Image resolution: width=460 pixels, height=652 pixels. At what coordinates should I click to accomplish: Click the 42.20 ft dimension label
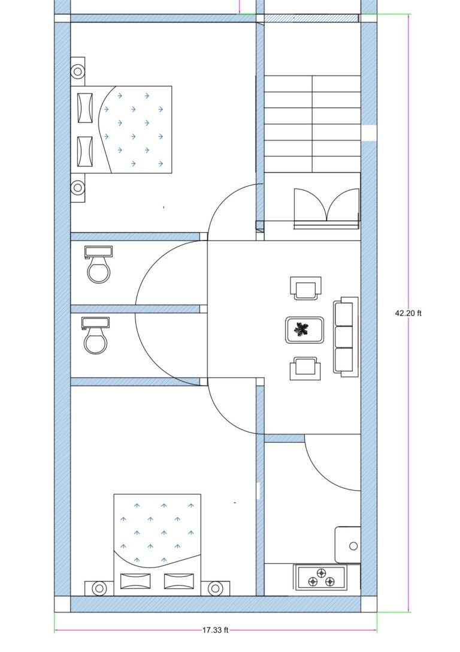pos(408,313)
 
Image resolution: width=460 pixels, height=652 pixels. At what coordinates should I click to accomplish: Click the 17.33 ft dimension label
pos(216,630)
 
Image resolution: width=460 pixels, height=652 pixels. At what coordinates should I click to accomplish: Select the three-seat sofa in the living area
pos(346,336)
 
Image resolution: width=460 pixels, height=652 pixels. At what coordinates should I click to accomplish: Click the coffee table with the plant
pos(305,329)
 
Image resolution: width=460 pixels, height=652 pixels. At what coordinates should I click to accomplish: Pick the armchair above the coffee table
pos(305,288)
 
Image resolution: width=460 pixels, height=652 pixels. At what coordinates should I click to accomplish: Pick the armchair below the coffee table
pos(304,368)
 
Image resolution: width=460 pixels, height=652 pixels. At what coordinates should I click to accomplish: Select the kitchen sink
pos(348,545)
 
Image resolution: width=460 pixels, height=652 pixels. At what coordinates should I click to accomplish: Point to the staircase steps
pos(312,123)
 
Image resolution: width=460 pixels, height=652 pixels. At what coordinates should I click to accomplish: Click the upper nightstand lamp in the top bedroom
pos(78,71)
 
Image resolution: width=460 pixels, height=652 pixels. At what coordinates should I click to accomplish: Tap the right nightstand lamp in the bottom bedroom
pos(215,588)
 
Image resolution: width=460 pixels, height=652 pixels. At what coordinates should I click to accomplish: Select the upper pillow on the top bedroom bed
pos(85,108)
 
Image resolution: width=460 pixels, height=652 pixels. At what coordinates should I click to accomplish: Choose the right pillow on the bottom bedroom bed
pos(178,581)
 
